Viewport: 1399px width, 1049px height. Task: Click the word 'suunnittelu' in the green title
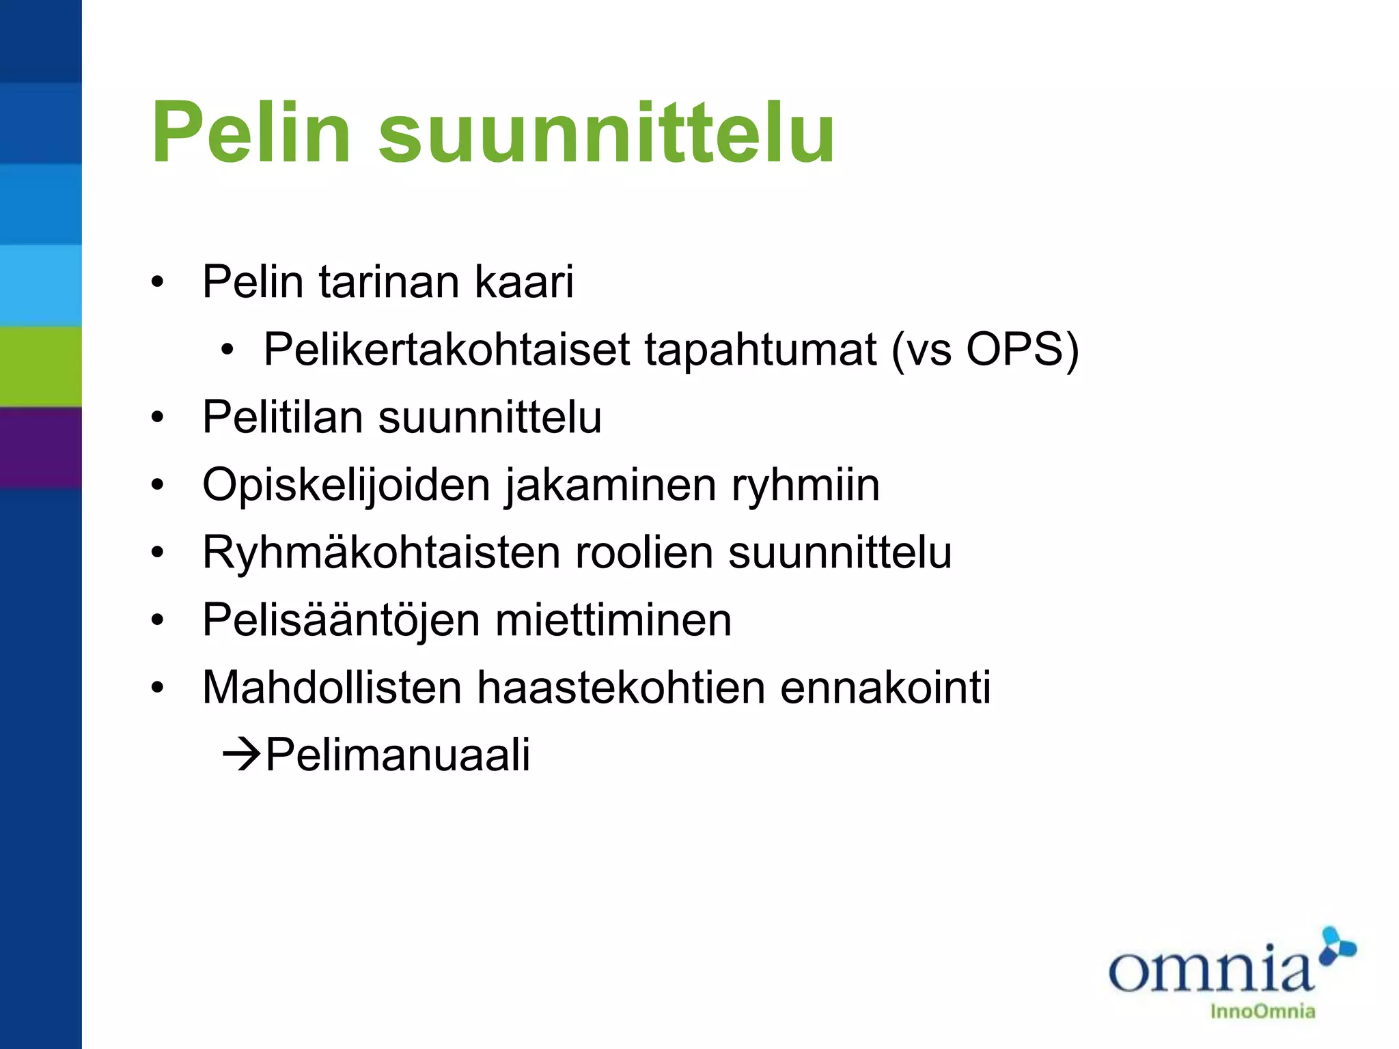pos(606,133)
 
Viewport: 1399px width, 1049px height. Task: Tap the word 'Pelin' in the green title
pos(251,133)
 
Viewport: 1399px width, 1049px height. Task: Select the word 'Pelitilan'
pos(283,417)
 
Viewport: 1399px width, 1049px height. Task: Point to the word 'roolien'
pos(644,553)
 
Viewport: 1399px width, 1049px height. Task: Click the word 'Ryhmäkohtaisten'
pos(381,553)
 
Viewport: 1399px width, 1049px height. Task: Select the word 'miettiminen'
pos(613,621)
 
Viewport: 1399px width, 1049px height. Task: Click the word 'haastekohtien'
pos(621,688)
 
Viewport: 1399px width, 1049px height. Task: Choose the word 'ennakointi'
pos(885,688)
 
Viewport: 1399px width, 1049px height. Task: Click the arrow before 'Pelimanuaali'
pos(242,755)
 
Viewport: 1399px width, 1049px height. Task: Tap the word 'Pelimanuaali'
pos(398,755)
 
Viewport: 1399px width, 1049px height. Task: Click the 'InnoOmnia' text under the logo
pos(1262,1011)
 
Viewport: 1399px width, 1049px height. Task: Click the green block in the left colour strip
pos(41,367)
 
